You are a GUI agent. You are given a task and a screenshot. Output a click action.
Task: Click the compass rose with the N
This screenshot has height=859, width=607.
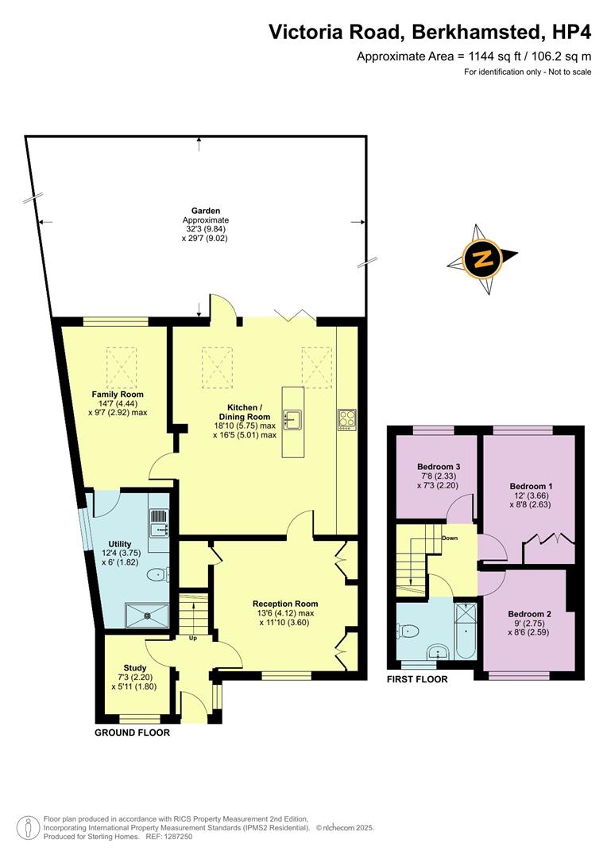click(x=481, y=258)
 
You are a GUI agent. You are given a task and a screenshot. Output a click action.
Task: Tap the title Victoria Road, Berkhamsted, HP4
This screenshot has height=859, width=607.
click(x=429, y=32)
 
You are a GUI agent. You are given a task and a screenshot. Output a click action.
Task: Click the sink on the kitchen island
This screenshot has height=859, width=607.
click(x=292, y=418)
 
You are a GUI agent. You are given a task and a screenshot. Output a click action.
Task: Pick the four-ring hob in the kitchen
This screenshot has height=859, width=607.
click(x=347, y=419)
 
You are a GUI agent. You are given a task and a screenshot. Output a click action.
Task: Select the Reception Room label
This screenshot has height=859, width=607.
click(x=286, y=604)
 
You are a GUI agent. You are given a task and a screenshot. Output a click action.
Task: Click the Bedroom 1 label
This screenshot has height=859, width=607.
click(x=531, y=486)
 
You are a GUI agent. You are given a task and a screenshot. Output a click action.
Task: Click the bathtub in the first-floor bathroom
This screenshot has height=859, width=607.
click(x=463, y=631)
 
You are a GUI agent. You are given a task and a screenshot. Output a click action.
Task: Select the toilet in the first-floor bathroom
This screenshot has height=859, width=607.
click(x=410, y=632)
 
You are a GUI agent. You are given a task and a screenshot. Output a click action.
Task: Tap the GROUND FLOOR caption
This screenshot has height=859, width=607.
click(x=132, y=733)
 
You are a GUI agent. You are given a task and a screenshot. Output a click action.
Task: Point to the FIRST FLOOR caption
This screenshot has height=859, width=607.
click(x=417, y=679)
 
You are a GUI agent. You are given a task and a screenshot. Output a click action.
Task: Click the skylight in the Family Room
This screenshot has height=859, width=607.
click(x=122, y=366)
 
